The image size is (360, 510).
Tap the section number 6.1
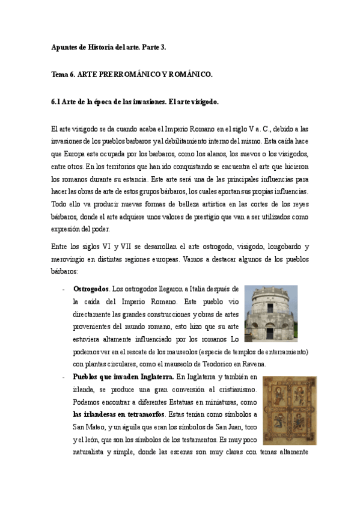point(56,102)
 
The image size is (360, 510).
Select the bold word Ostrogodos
point(90,289)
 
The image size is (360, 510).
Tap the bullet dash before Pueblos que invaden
point(63,376)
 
